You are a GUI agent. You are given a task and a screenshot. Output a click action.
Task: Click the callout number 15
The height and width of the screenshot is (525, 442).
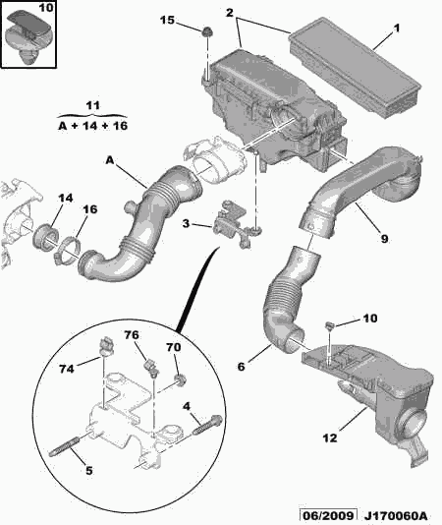pyautogui.click(x=167, y=20)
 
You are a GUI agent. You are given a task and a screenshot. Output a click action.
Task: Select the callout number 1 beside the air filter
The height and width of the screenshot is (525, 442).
pyautogui.click(x=397, y=29)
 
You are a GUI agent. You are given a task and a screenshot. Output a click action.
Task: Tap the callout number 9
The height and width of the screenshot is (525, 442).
pyautogui.click(x=384, y=239)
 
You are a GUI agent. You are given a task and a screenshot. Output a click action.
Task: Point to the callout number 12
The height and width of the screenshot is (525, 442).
pyautogui.click(x=330, y=437)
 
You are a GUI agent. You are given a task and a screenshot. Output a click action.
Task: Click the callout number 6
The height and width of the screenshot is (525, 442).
pyautogui.click(x=242, y=367)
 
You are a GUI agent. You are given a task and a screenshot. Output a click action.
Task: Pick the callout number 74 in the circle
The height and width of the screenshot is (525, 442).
pyautogui.click(x=66, y=369)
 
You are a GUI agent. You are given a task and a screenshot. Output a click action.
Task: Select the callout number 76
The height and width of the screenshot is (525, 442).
pyautogui.click(x=132, y=335)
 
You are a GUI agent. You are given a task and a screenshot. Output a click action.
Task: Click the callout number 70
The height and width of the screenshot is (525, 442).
pyautogui.click(x=174, y=347)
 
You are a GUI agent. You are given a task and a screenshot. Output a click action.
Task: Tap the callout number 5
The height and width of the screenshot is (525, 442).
pyautogui.click(x=88, y=470)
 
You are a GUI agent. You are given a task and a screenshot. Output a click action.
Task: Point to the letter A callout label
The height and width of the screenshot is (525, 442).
pyautogui.click(x=110, y=160)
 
